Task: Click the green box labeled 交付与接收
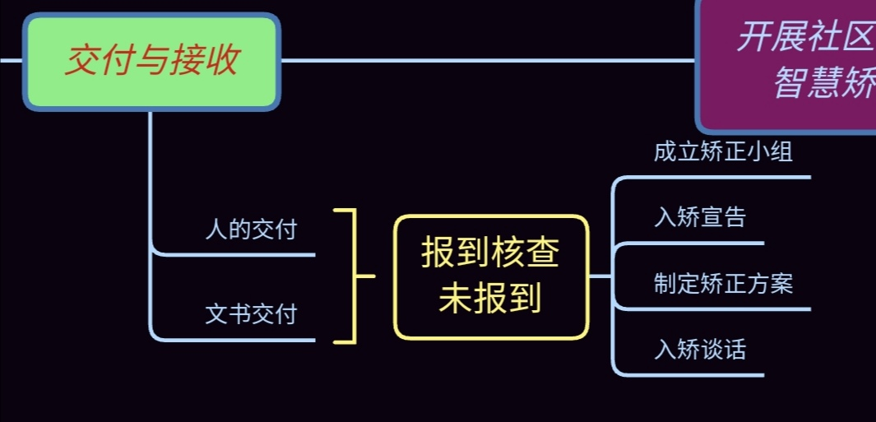click(152, 62)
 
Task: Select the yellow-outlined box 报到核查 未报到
click(491, 276)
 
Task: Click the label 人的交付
click(251, 230)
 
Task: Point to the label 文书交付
click(251, 313)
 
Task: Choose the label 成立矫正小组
click(723, 151)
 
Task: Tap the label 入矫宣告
click(700, 217)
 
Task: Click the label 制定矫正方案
click(723, 284)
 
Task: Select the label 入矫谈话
click(700, 350)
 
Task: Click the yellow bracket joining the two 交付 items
click(355, 276)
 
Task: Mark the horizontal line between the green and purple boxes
click(485, 60)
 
